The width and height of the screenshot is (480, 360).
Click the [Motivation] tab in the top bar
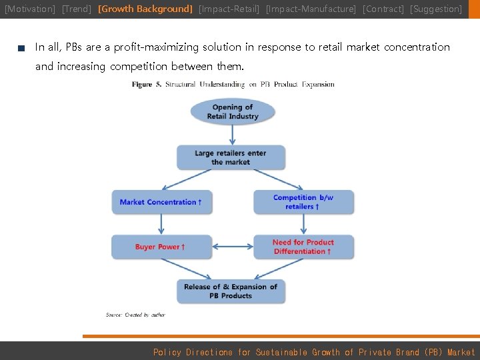[30, 9]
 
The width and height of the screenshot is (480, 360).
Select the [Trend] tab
[76, 9]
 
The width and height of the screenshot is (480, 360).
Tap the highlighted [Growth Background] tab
[145, 9]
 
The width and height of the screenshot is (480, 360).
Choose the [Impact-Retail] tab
[229, 9]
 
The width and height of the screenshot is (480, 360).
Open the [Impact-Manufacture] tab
[311, 9]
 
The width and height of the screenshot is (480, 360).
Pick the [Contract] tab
[383, 9]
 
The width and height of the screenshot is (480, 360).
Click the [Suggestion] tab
[436, 9]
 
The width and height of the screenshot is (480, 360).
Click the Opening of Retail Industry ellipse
[232, 111]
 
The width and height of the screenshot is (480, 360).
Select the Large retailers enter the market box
[231, 157]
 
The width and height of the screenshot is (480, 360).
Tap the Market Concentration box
[161, 202]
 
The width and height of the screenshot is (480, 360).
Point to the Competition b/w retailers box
[303, 202]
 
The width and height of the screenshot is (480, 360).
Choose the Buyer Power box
[161, 247]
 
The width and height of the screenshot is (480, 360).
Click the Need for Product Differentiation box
[303, 247]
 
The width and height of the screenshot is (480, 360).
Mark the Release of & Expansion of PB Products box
[231, 291]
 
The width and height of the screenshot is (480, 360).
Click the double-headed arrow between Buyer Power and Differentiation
[233, 247]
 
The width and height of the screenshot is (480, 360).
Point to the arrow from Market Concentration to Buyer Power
[161, 224]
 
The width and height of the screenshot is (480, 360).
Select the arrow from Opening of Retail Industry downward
[232, 134]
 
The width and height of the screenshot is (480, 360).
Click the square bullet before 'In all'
[21, 48]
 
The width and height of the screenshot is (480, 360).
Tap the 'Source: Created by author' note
[135, 315]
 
